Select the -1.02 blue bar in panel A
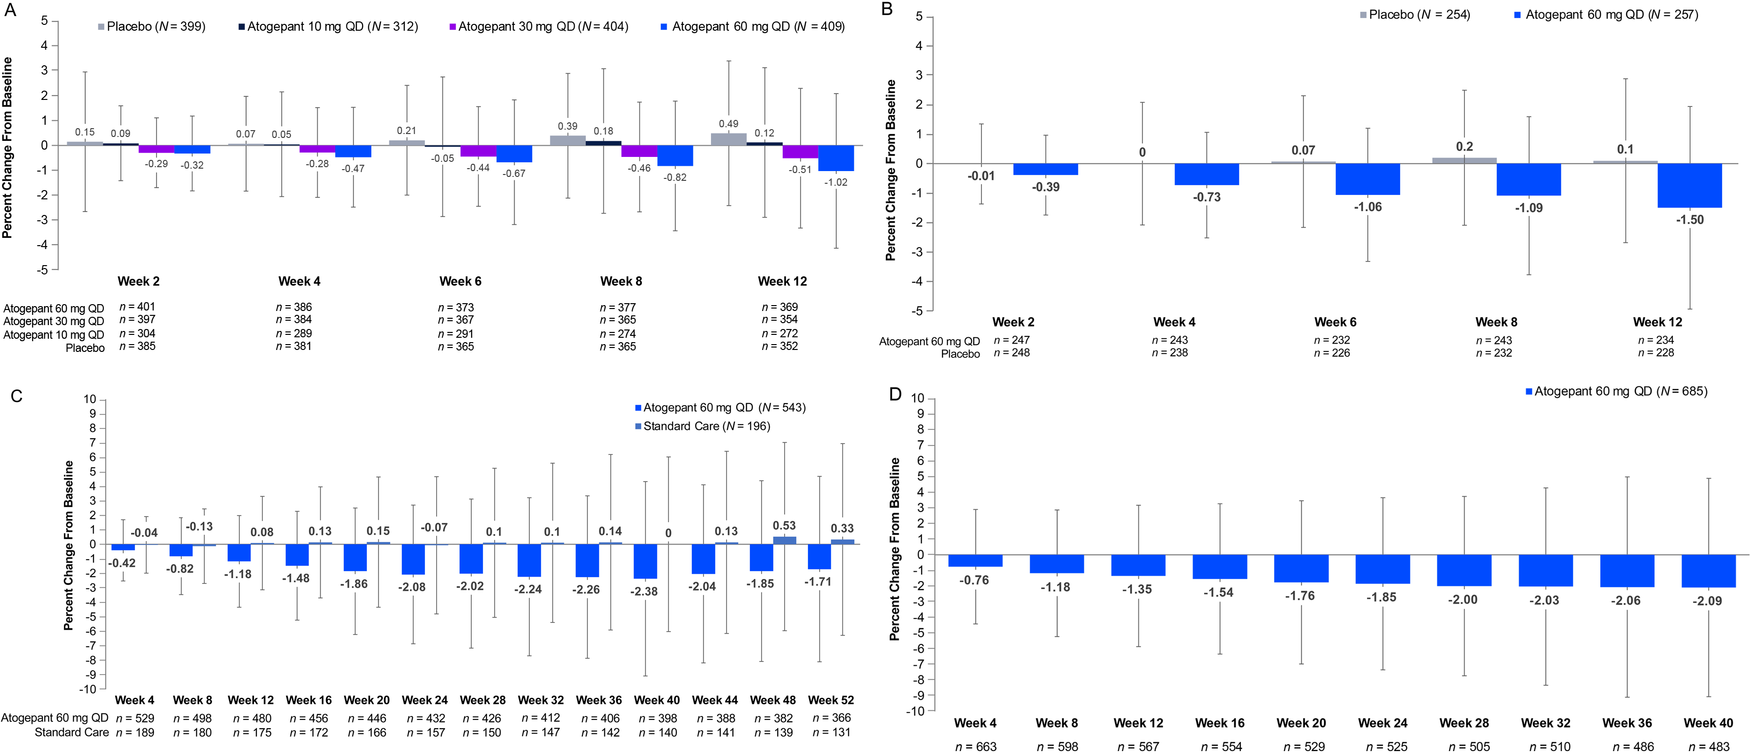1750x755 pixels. pyautogui.click(x=836, y=157)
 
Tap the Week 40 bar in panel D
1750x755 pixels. pyautogui.click(x=1708, y=571)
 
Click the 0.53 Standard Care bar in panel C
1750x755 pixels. pyautogui.click(x=785, y=540)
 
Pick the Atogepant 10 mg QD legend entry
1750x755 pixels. pyautogui.click(x=328, y=26)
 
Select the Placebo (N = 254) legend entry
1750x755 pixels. pyautogui.click(x=1415, y=14)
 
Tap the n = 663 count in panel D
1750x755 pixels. pyautogui.click(x=976, y=746)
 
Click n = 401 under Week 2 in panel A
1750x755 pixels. pyautogui.click(x=137, y=307)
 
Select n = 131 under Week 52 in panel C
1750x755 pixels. pyautogui.click(x=831, y=733)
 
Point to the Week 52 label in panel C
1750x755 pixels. pyautogui.click(x=831, y=700)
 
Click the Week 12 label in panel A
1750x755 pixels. pyautogui.click(x=783, y=281)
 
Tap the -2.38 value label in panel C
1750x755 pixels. pyautogui.click(x=644, y=591)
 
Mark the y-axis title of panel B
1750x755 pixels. pyautogui.click(x=891, y=170)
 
